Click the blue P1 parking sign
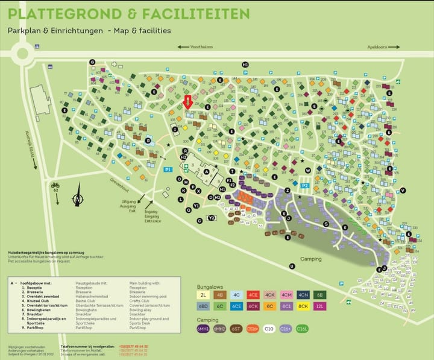[168, 170]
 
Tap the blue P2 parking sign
[305, 186]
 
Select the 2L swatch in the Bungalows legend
[203, 295]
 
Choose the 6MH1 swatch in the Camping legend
[203, 329]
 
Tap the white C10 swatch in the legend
[269, 329]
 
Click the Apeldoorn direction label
[378, 46]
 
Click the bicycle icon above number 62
[55, 185]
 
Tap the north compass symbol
[78, 199]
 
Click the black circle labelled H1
[245, 65]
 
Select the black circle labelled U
[292, 266]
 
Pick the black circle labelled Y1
[197, 206]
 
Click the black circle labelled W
[307, 171]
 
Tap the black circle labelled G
[92, 62]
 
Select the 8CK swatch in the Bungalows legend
[304, 306]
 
